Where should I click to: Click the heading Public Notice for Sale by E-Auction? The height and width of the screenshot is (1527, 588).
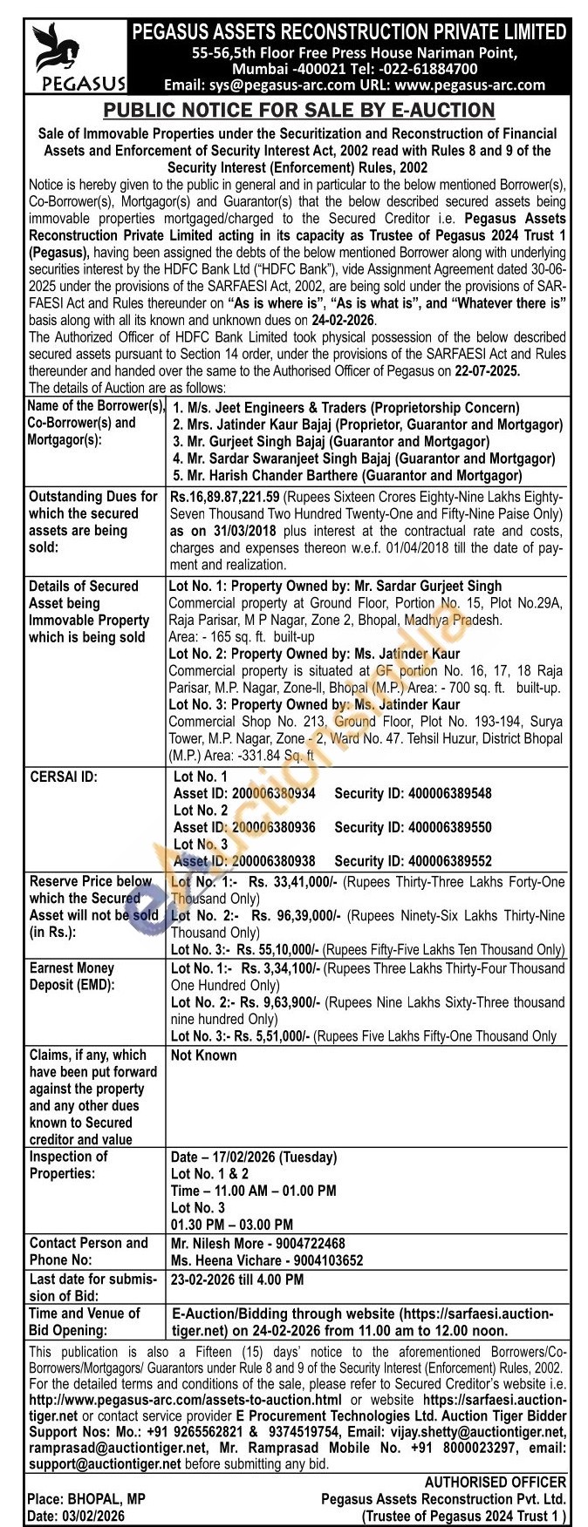pos(299,111)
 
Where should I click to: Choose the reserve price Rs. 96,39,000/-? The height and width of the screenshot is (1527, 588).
pos(296,916)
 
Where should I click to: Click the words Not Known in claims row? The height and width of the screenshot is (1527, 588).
pos(203,1055)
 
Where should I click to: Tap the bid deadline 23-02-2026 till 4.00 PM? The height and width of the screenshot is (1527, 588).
pos(237,1279)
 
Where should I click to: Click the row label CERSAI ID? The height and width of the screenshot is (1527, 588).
pos(64,777)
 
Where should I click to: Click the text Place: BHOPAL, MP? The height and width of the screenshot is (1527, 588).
pos(86,1498)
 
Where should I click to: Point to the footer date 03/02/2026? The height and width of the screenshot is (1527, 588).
pos(93,1517)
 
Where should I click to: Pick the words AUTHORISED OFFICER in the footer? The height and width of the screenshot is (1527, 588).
pos(495,1482)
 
